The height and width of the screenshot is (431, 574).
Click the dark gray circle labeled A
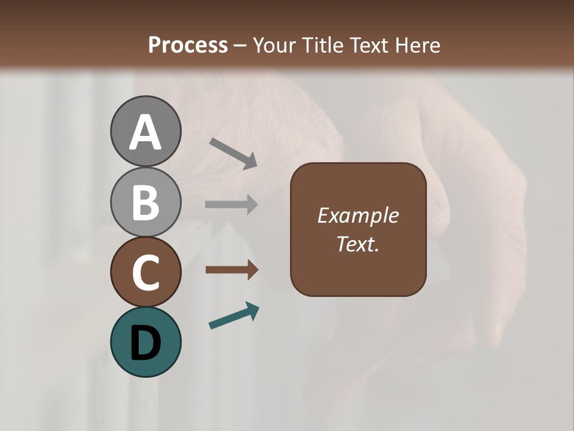[145, 131]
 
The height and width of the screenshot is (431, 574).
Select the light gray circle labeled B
[145, 202]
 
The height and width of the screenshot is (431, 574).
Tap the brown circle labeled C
[145, 272]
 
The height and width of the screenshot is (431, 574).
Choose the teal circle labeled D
[145, 342]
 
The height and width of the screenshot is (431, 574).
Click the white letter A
[145, 132]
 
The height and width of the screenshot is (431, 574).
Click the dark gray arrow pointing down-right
[233, 153]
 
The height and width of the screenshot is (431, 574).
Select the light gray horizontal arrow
[231, 204]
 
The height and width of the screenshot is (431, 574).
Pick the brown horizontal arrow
[231, 270]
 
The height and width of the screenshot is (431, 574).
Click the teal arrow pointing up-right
[234, 315]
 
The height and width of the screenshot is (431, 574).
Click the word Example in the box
[358, 215]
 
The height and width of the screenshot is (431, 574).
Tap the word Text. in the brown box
[358, 244]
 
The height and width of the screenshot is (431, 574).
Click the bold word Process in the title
[188, 45]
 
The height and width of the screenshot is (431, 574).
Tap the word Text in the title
[368, 45]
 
